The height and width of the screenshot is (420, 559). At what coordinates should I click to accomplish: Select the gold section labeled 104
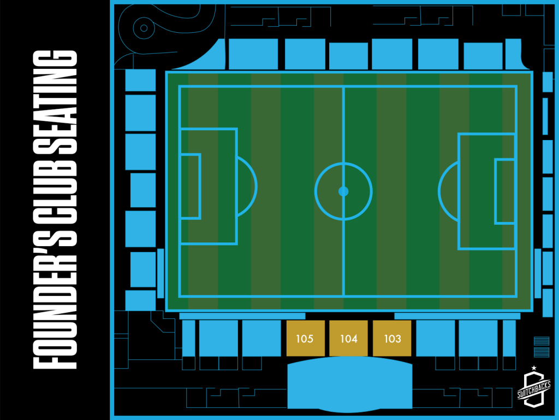pyautogui.click(x=348, y=338)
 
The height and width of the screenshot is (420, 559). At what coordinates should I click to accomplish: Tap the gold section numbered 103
pyautogui.click(x=392, y=338)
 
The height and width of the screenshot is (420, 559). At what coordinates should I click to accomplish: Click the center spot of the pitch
pyautogui.click(x=343, y=191)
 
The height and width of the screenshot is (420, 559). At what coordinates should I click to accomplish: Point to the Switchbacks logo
pyautogui.click(x=534, y=388)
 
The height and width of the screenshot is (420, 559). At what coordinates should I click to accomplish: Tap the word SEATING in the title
pyautogui.click(x=55, y=102)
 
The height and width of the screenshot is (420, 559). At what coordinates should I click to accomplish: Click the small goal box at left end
pyautogui.click(x=191, y=186)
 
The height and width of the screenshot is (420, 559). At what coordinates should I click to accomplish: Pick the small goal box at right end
pyautogui.click(x=505, y=191)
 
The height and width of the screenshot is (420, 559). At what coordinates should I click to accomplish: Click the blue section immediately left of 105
pyautogui.click(x=261, y=338)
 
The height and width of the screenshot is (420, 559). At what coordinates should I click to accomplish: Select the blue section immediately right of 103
pyautogui.click(x=435, y=338)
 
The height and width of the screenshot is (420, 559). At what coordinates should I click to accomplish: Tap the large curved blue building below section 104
pyautogui.click(x=350, y=384)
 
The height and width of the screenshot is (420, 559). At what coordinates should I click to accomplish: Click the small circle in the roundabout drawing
pyautogui.click(x=144, y=28)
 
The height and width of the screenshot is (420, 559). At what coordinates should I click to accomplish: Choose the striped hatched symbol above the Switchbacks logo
pyautogui.click(x=542, y=347)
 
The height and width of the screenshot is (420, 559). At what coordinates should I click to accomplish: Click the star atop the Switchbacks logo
pyautogui.click(x=534, y=368)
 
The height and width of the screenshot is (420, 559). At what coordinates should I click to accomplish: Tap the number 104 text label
pyautogui.click(x=349, y=339)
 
